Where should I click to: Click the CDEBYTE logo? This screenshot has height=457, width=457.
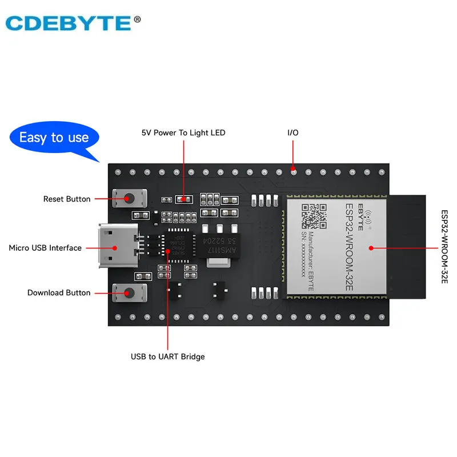67,23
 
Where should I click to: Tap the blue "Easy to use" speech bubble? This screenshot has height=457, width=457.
54,137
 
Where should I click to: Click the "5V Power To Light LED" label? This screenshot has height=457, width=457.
183,133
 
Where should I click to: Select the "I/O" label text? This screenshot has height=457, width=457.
292,133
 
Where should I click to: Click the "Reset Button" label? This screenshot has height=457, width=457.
67,199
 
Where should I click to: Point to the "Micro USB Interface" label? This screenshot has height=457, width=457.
45,248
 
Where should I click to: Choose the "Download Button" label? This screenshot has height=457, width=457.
59,292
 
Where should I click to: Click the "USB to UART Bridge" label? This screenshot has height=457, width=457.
167,356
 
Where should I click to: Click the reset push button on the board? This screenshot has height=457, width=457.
130,199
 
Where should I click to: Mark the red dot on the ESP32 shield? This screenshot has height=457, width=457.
371,247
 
